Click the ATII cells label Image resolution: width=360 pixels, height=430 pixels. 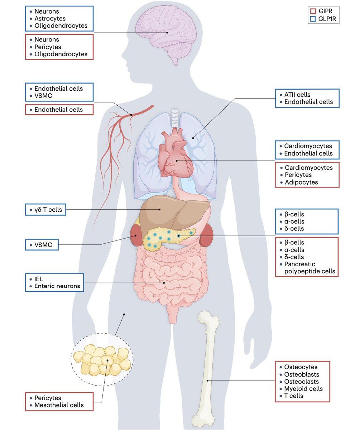pos(297,95)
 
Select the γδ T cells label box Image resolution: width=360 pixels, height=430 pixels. pos(46,210)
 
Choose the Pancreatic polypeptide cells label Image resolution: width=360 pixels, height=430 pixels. pos(309,268)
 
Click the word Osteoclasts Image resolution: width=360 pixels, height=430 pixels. pos(301,382)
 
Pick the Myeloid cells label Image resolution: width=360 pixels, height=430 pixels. pos(303,389)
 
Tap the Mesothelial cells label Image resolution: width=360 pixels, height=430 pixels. pos(59,405)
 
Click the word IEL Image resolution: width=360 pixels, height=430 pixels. pos(39,278)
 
